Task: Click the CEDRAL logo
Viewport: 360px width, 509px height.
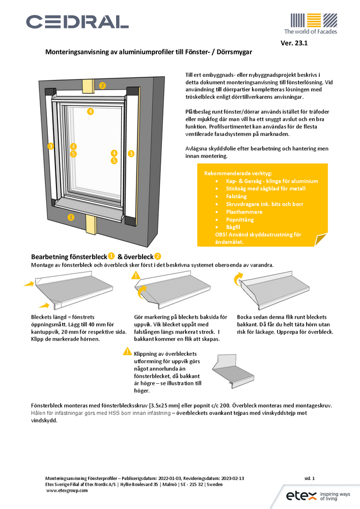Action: [77, 21]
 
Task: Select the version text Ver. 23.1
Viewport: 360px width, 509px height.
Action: [294, 43]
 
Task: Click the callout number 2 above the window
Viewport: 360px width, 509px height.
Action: [102, 86]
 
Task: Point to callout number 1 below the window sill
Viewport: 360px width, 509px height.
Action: [71, 217]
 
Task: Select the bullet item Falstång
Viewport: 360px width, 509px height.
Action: [237, 196]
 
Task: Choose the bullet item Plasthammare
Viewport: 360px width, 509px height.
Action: [244, 211]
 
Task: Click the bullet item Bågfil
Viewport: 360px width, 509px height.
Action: [234, 227]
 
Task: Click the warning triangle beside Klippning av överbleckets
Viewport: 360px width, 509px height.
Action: [127, 351]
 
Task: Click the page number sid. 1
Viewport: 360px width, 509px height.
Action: [310, 478]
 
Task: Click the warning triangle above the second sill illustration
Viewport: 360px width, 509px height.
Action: [136, 275]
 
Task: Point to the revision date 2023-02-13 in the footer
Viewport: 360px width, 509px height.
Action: [231, 478]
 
